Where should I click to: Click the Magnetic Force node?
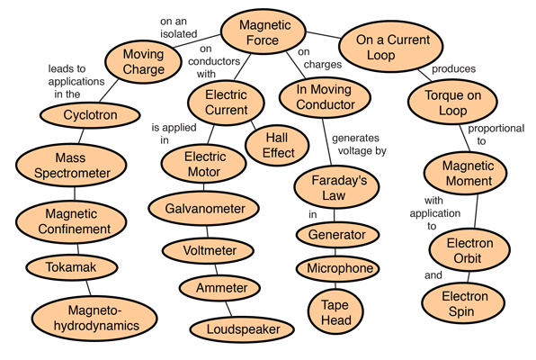[x=263, y=31]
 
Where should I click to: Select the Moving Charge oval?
[x=143, y=61]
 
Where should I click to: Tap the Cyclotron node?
[x=90, y=115]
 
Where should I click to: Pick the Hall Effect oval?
[x=277, y=145]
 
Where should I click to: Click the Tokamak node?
[x=72, y=267]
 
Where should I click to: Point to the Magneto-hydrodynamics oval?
[x=94, y=319]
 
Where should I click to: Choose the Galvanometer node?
[x=204, y=209]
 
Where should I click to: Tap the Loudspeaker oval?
[x=242, y=329]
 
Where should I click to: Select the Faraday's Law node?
[x=336, y=187]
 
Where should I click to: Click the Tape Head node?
[x=335, y=312]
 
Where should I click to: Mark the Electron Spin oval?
[x=463, y=303]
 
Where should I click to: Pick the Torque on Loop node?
[x=452, y=103]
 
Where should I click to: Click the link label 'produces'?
[x=453, y=68]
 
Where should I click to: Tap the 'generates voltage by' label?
[x=359, y=144]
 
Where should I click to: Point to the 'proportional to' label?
[x=496, y=134]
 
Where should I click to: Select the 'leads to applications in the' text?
[x=76, y=81]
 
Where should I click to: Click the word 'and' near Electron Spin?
[x=433, y=275]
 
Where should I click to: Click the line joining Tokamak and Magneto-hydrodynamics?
[x=88, y=288]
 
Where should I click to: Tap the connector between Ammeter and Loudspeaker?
[x=228, y=310]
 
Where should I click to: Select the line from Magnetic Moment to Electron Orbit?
[x=476, y=211]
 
